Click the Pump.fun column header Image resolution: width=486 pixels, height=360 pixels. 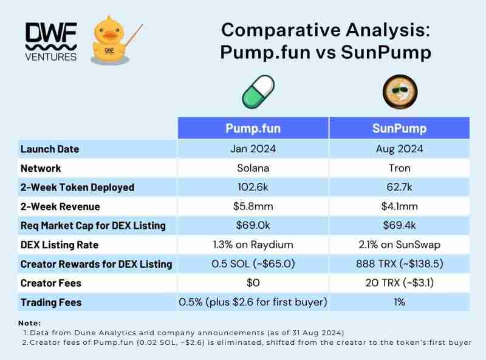(253, 128)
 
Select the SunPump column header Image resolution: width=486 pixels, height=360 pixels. (399, 128)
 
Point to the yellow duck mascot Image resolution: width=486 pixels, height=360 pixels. (111, 41)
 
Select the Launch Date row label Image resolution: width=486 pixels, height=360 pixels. (50, 149)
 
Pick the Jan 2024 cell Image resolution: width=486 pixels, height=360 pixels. (253, 149)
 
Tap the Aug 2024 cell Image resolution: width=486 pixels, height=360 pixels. (399, 149)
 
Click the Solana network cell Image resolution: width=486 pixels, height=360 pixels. (253, 168)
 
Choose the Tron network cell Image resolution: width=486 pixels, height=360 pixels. (399, 168)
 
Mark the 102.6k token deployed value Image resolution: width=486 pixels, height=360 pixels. (253, 187)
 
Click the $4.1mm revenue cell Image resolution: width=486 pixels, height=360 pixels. (399, 206)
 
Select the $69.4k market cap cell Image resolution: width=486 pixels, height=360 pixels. (399, 226)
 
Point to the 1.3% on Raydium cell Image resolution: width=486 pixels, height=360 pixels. (253, 245)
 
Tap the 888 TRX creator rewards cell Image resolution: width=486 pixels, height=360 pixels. (399, 264)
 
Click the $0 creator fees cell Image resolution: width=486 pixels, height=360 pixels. (253, 283)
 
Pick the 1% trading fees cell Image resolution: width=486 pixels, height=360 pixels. (399, 302)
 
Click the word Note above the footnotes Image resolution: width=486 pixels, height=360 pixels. (29, 323)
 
